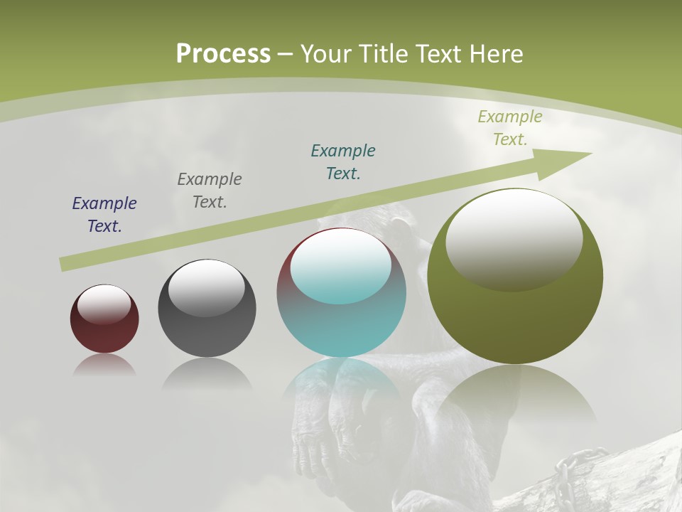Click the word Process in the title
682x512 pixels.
tap(223, 54)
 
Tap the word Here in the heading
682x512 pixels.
tap(494, 54)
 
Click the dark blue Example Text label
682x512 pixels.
tap(104, 215)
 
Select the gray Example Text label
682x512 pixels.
tap(210, 191)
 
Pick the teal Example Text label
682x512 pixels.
tap(343, 162)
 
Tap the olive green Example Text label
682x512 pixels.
tap(510, 128)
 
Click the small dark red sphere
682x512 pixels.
tap(104, 334)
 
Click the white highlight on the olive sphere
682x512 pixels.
tap(514, 238)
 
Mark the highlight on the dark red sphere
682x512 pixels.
tap(104, 304)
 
